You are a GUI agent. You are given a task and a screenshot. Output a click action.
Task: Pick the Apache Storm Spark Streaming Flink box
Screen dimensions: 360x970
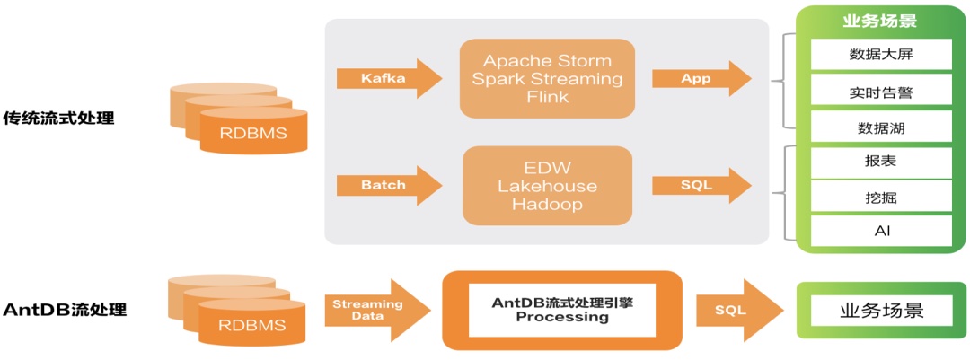[547, 79]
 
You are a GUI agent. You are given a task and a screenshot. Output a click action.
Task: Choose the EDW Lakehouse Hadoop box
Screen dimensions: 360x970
[547, 186]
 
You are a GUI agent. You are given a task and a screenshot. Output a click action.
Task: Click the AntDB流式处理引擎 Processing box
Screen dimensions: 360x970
[562, 310]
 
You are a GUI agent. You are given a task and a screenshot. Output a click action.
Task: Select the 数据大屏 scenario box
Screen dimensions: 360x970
[881, 55]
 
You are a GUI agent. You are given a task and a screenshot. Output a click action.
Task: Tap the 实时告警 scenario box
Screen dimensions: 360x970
[881, 92]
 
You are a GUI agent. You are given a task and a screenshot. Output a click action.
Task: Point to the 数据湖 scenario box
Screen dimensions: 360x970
[881, 127]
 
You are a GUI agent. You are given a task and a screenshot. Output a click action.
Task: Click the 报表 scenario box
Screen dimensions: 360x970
[881, 162]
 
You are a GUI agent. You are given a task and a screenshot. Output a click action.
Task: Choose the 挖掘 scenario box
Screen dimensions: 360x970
[881, 197]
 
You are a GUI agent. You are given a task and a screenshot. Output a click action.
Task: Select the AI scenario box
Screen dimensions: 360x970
[881, 232]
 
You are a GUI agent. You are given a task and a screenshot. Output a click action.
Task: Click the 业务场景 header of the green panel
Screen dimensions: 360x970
[881, 21]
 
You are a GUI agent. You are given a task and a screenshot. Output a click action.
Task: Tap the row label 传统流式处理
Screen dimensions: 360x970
[59, 118]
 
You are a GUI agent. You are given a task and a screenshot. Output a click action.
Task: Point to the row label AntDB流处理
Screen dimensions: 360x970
[65, 310]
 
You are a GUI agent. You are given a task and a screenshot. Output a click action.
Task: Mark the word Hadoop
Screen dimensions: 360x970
[547, 205]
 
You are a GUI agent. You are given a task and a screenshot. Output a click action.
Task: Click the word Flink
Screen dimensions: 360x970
[547, 97]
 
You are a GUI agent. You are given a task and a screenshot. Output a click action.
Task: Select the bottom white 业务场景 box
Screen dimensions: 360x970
[881, 311]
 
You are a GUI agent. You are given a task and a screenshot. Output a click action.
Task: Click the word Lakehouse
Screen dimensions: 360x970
[547, 186]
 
